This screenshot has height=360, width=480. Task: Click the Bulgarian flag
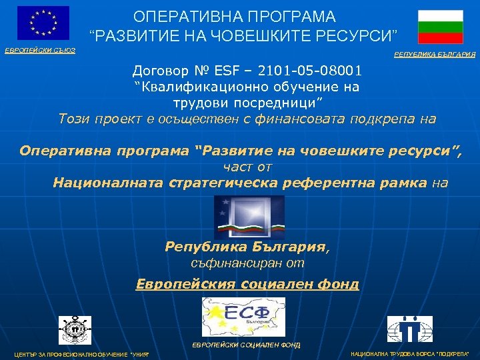point(440,27)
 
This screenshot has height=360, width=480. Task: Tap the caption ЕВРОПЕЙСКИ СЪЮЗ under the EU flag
point(41,51)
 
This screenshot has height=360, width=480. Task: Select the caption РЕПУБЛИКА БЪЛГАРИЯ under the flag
point(435,55)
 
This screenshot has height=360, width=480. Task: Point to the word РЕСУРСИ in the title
point(356,33)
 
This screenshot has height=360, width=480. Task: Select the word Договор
point(161,70)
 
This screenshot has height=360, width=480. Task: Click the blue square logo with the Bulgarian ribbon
point(249,217)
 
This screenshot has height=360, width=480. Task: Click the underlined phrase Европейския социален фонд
point(247,284)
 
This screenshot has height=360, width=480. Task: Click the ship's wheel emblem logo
point(75,330)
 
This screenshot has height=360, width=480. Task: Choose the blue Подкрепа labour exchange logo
point(410,329)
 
